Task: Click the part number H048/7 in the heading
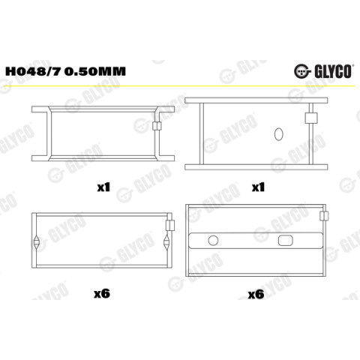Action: click(33, 71)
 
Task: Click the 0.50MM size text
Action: click(95, 71)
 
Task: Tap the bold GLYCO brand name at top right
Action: click(333, 71)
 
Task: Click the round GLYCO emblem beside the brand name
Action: click(302, 71)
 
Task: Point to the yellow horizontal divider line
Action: click(180, 86)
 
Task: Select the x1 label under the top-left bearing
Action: click(103, 187)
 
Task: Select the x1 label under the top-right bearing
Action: click(258, 187)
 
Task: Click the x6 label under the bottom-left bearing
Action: click(102, 293)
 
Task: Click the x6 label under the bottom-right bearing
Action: click(256, 295)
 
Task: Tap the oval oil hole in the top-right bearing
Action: click(278, 134)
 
